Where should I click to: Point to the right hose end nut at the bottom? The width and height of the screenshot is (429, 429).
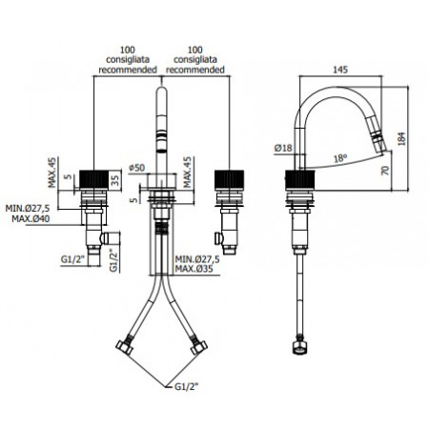click(x=199, y=345)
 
